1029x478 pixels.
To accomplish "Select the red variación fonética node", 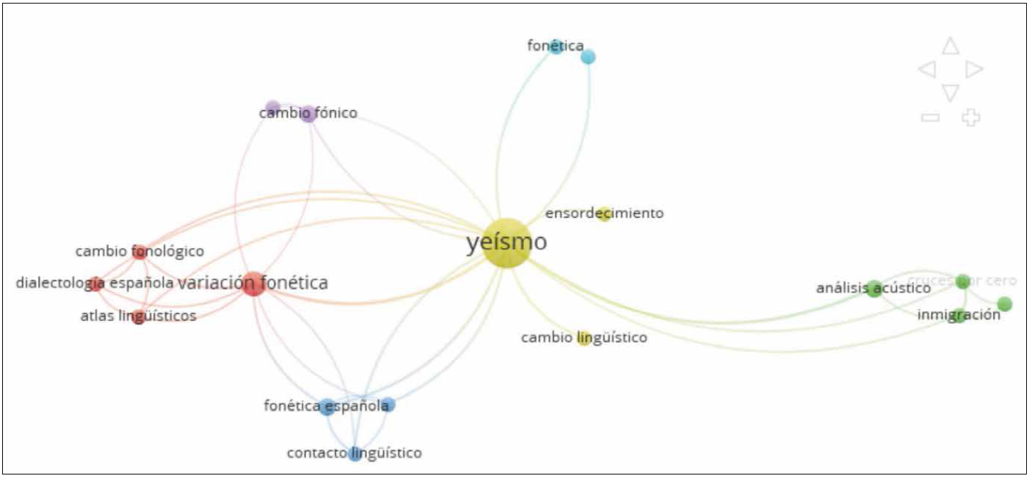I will pos(253,284).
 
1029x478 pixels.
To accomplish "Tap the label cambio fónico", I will pos(308,113).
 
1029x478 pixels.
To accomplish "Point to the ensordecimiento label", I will pos(604,214).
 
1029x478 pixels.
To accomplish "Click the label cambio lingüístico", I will pos(584,338).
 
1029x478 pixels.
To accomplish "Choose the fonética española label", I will pos(326,407).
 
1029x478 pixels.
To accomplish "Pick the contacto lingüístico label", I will pos(354,453).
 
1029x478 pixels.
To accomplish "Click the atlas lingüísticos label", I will pos(138,316).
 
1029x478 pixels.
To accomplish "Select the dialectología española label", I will pos(95,284).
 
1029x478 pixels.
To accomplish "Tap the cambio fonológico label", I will pos(139,252).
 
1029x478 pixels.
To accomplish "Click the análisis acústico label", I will pos(873,288).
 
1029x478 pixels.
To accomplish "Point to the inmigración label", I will pos(958,315).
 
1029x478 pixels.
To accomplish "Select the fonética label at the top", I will pos(556,46).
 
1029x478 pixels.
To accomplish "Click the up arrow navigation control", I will pos(950,47).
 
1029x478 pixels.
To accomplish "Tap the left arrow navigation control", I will pos(927,69).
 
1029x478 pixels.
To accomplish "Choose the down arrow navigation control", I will pos(950,93).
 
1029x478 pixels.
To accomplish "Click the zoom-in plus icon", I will pos(971,117).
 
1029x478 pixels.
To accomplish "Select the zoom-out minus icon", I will pos(930,117).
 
